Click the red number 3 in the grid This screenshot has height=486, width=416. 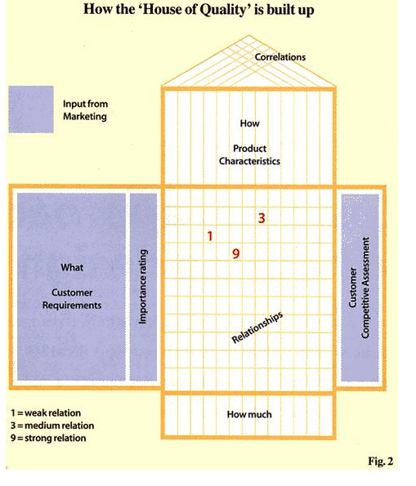point(262,218)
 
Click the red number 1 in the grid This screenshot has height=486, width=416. point(210,236)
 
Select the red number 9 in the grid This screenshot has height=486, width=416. point(235,254)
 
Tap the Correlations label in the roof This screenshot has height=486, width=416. point(280,57)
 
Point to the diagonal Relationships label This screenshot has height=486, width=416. point(257,328)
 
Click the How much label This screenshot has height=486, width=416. point(249,414)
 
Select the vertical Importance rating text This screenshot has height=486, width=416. point(142,287)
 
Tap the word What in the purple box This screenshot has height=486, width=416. point(72,267)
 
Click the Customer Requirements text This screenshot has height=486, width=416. point(72,299)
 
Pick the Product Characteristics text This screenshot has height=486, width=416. point(249,154)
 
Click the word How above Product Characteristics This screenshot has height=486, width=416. point(249,123)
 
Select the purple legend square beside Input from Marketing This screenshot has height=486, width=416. point(31,109)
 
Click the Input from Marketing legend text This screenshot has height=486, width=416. point(85,110)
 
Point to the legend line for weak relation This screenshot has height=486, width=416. point(46,412)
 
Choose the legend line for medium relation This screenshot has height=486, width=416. point(52,426)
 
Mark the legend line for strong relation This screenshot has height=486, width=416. point(48,438)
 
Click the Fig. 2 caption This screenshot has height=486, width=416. point(381,461)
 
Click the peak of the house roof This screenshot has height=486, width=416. point(248,36)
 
